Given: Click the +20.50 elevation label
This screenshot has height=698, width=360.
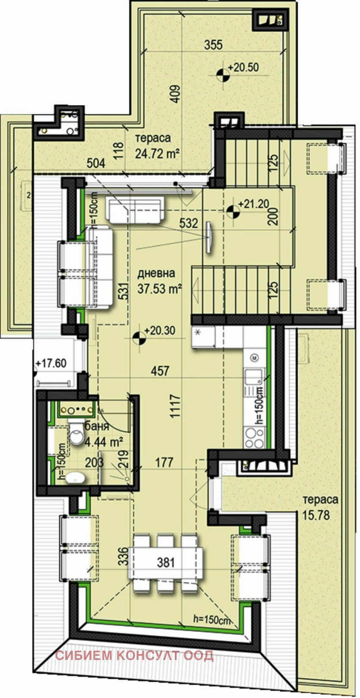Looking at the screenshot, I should (x=243, y=67).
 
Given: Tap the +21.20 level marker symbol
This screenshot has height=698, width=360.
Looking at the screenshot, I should (x=232, y=210).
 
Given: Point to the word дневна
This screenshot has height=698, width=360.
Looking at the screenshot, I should (x=156, y=273).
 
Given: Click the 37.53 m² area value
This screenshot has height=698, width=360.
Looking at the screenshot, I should (x=160, y=289).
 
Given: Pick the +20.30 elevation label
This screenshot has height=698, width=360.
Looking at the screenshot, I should (x=159, y=330).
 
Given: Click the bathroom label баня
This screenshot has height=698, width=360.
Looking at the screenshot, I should (x=97, y=426).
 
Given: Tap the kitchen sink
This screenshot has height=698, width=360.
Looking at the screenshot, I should (x=253, y=375).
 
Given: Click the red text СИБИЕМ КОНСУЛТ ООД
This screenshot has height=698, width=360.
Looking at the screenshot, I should (x=135, y=656).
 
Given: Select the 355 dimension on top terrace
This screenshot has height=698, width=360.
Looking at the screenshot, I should (x=213, y=45).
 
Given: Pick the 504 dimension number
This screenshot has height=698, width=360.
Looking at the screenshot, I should (x=96, y=163).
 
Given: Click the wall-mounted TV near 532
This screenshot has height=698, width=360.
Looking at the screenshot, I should (x=209, y=237).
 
